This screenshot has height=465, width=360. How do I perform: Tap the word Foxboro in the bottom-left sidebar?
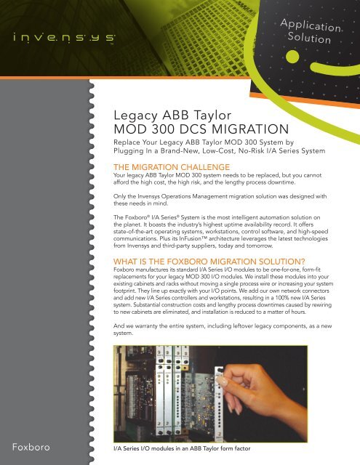coord(28,445)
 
